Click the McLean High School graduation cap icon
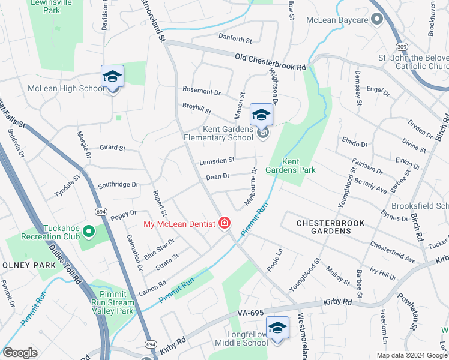pos(112,77)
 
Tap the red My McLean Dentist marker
pos(225,224)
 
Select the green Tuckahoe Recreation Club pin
pos(88,230)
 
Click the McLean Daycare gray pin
pos(376,20)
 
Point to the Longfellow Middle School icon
pos(277,328)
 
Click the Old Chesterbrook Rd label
pos(270,62)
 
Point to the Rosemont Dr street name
pos(202,91)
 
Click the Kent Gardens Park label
pos(291,166)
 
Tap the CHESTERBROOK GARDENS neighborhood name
pos(331,227)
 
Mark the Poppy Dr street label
pos(124,213)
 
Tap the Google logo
pos(19,353)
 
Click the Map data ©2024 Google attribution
pos(411,355)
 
